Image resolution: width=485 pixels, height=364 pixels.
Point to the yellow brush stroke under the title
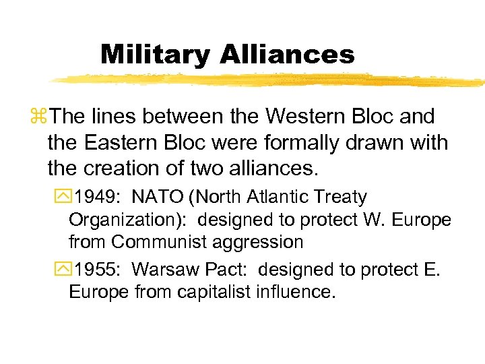tap(269, 80)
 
